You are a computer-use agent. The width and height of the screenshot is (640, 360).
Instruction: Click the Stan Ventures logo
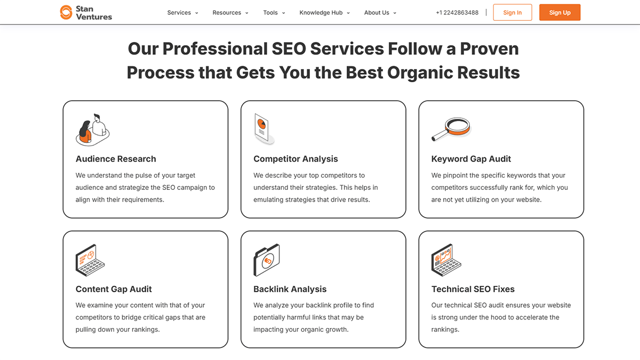(x=86, y=12)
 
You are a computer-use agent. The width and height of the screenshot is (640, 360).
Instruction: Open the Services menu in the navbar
(x=182, y=13)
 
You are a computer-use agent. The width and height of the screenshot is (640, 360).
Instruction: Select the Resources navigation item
(x=230, y=13)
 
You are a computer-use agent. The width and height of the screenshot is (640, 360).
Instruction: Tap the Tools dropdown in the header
(x=274, y=13)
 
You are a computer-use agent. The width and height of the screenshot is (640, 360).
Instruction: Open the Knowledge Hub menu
(x=324, y=13)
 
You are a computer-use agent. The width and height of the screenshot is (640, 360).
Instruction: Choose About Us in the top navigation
(x=380, y=13)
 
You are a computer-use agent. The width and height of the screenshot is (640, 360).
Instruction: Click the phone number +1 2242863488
(x=457, y=13)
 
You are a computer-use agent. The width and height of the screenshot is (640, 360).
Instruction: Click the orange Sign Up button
(x=559, y=13)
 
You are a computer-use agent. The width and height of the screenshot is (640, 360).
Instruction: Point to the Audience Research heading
(x=116, y=159)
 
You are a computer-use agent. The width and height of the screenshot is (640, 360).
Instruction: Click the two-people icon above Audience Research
(x=92, y=130)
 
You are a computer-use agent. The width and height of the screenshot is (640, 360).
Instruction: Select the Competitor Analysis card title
(x=295, y=159)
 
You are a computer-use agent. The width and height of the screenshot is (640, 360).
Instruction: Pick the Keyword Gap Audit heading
(x=471, y=159)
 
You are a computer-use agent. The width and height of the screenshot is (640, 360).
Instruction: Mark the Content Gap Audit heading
(x=114, y=289)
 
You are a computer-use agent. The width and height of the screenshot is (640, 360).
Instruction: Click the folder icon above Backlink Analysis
(x=266, y=260)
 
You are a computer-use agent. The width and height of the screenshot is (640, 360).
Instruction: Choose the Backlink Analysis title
(x=290, y=289)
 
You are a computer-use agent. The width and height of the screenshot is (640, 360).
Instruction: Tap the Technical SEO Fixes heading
(x=473, y=289)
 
